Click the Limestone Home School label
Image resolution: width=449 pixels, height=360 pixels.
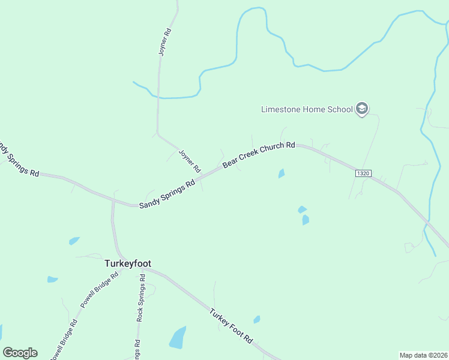click(307, 109)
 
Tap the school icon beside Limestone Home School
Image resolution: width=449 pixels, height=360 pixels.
click(361, 109)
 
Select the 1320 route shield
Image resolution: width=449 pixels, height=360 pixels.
click(363, 173)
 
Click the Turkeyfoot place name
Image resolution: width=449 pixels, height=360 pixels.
click(128, 263)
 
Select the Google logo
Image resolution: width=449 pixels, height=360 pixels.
click(20, 353)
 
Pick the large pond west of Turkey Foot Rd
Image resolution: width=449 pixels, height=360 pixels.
click(178, 338)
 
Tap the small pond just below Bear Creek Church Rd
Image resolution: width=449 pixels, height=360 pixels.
click(282, 174)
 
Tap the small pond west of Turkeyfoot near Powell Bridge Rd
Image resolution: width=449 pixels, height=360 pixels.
click(53, 279)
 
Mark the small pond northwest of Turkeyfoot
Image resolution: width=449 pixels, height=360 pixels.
click(74, 241)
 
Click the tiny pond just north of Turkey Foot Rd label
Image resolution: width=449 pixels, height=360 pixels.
click(257, 319)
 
